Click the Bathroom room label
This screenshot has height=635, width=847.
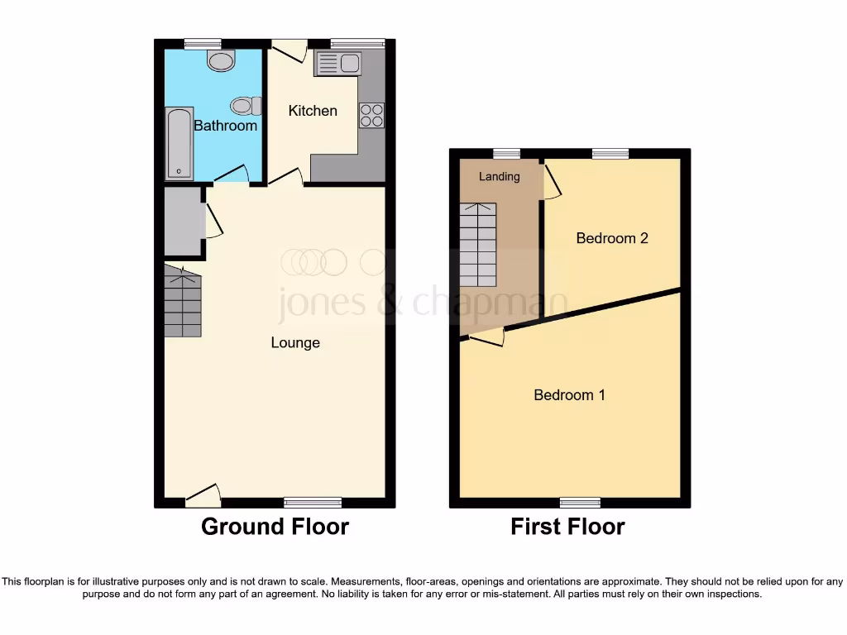click(225, 126)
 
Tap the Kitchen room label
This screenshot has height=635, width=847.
click(313, 110)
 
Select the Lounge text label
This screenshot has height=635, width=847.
click(295, 342)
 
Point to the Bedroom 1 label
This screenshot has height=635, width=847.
click(569, 394)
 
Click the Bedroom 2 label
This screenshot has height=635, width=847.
click(612, 238)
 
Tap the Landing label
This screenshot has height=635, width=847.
click(500, 176)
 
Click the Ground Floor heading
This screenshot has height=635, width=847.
click(275, 526)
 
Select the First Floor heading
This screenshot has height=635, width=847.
click(567, 526)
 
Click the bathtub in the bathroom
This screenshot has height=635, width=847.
click(179, 143)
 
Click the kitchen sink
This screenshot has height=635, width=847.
click(337, 64)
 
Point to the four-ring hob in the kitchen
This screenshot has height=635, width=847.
click(371, 115)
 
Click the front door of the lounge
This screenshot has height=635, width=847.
click(203, 494)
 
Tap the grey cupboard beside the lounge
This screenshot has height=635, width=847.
click(183, 221)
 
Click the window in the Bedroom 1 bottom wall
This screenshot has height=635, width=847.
click(580, 502)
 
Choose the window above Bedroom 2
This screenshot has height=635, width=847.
click(610, 153)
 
